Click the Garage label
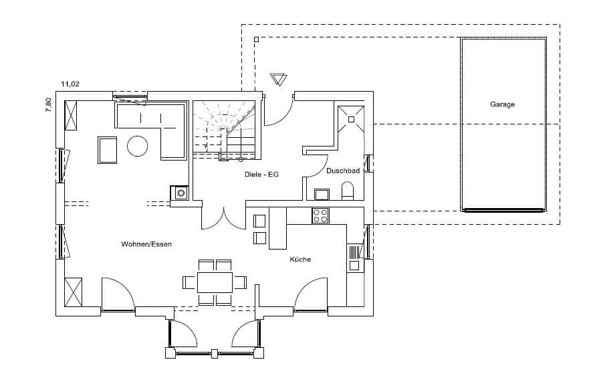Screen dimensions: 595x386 [502, 104]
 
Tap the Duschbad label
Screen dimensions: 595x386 [343, 171]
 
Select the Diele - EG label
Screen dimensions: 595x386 [261, 175]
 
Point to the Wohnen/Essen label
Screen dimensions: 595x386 [146, 244]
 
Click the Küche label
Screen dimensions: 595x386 [300, 260]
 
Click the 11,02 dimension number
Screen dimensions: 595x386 [70, 84]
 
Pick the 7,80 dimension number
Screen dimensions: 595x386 [48, 105]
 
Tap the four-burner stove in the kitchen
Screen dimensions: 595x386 [320, 215]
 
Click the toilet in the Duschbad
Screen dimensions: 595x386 [347, 191]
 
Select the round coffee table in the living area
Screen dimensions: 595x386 [137, 146]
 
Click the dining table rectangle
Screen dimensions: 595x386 [215, 282]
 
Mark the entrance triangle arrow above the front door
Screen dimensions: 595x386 [279, 80]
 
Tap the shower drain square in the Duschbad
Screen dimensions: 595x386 [352, 119]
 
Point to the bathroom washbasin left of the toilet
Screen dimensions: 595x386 [322, 194]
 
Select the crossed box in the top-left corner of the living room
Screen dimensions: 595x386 [71, 115]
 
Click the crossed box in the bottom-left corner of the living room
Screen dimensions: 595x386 [74, 292]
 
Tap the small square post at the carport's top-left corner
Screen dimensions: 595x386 [257, 39]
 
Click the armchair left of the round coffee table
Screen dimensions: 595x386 [108, 151]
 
